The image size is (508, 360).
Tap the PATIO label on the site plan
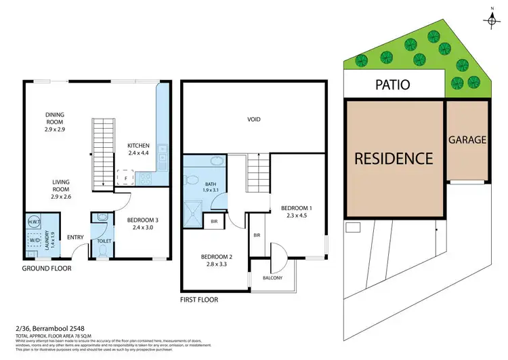[394, 86]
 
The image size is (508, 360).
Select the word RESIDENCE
[394, 159]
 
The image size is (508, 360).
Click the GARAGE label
[467, 140]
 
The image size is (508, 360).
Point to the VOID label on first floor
[254, 119]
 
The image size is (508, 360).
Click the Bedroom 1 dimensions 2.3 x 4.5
[297, 216]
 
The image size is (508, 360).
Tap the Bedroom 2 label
[217, 257]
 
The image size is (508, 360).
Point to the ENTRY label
[75, 237]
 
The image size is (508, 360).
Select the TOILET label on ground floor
[104, 240]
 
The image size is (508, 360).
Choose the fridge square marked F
[125, 178]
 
